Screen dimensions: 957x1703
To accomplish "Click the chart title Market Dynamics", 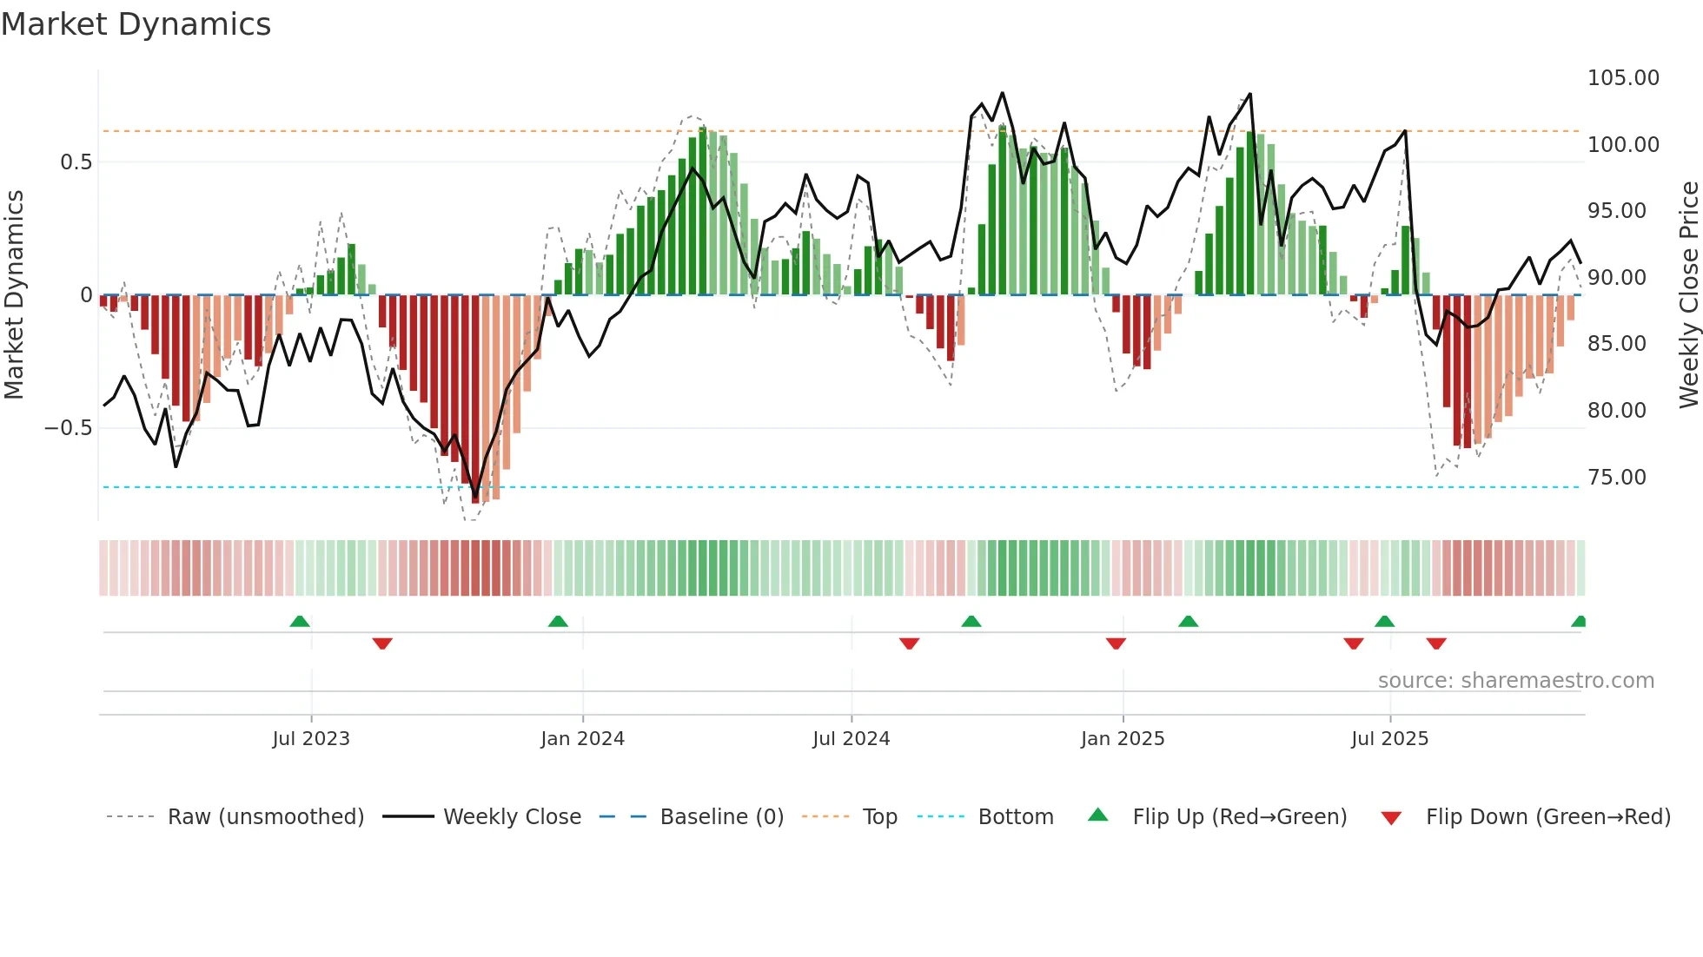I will click(136, 24).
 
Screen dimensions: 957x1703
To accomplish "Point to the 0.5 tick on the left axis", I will click(76, 162).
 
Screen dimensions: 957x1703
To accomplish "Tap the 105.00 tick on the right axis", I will click(1623, 78).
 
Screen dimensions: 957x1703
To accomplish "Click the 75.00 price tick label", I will click(1616, 478).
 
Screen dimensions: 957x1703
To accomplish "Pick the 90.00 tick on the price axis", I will click(1616, 278).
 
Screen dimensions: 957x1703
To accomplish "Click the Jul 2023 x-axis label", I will click(311, 739).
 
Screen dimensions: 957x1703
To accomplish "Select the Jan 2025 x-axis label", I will click(1123, 739).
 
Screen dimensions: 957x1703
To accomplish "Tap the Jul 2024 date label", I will click(851, 739).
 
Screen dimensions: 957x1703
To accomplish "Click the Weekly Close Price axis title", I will click(1688, 295).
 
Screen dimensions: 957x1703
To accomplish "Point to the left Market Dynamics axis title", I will click(14, 295).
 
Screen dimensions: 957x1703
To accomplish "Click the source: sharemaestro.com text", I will click(1516, 681).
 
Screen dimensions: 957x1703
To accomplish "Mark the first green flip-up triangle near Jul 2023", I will click(300, 621).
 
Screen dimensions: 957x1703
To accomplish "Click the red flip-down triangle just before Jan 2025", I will click(1117, 643).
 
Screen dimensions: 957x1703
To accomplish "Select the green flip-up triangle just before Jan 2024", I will click(558, 621).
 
